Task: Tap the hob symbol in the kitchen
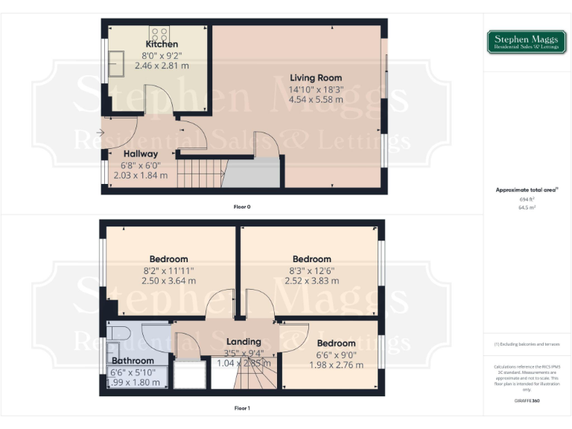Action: pyautogui.click(x=159, y=33)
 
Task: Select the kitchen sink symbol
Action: pyautogui.click(x=117, y=60)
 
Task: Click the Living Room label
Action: pyautogui.click(x=316, y=77)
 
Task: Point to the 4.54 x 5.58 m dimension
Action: pyautogui.click(x=316, y=99)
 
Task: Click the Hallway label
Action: pyautogui.click(x=141, y=154)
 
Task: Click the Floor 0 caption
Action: pyautogui.click(x=242, y=206)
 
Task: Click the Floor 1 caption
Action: pyautogui.click(x=242, y=408)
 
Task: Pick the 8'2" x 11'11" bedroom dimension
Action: pyautogui.click(x=168, y=270)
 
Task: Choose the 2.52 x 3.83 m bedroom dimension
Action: pyautogui.click(x=311, y=281)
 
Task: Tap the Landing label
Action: pyautogui.click(x=243, y=342)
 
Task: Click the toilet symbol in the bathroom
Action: pyautogui.click(x=118, y=332)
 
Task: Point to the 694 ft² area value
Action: pyautogui.click(x=527, y=200)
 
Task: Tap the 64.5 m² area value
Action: pyautogui.click(x=527, y=208)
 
